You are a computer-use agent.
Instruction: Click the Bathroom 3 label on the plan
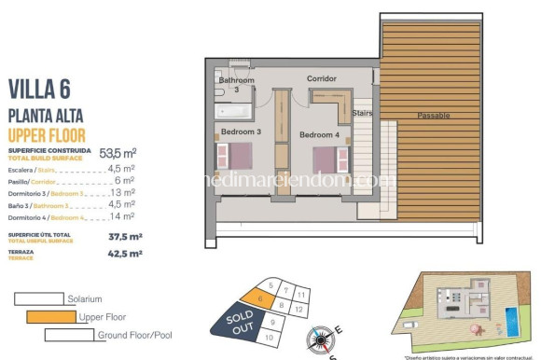pos(236,85)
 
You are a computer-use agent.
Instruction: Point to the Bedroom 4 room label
pos(320,135)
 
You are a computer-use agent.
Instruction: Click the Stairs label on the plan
pos(363,113)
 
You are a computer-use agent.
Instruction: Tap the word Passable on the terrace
pos(434,115)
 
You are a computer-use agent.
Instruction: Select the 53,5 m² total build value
pos(118,153)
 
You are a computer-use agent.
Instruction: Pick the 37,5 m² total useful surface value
pos(125,236)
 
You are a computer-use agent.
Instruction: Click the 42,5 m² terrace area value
pos(125,253)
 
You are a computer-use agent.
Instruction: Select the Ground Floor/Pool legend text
pos(134,335)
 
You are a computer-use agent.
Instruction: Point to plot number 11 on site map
pos(300,294)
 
